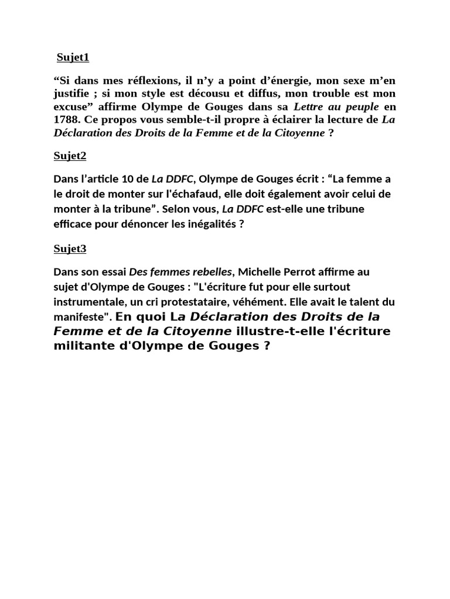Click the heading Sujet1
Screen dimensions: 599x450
click(x=73, y=57)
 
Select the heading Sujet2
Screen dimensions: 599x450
click(x=70, y=156)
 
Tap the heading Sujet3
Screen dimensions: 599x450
click(x=70, y=249)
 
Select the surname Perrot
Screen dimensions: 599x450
click(x=299, y=272)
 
